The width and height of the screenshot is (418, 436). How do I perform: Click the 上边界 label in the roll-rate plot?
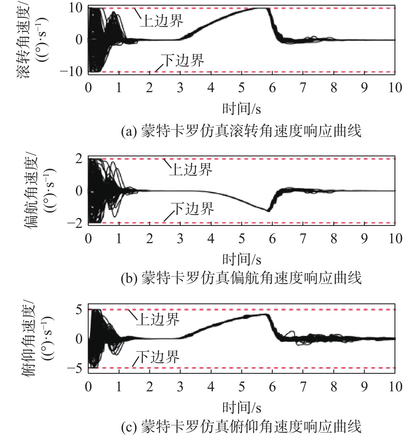(162, 21)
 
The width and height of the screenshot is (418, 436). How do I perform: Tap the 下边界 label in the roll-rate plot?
(183, 60)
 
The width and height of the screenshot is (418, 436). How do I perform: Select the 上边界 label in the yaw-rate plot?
(191, 170)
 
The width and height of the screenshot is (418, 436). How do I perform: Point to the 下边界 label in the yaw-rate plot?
(193, 209)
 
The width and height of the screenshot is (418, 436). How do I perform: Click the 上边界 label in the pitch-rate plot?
(158, 319)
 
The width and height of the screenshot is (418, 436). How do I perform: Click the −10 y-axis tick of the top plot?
(71, 72)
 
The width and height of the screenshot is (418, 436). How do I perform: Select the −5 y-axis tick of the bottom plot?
(75, 368)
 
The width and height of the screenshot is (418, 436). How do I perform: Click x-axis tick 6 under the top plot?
(272, 88)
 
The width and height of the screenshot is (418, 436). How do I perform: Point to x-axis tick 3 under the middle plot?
(180, 239)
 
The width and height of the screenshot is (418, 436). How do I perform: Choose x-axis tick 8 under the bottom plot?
(334, 387)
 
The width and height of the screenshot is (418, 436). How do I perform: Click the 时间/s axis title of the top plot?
(241, 109)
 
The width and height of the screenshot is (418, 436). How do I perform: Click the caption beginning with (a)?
(241, 131)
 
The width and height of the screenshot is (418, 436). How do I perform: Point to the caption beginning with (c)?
(241, 427)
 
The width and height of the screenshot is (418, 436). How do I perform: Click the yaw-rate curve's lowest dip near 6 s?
(268, 211)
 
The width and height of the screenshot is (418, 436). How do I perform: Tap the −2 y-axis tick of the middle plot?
(75, 223)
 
